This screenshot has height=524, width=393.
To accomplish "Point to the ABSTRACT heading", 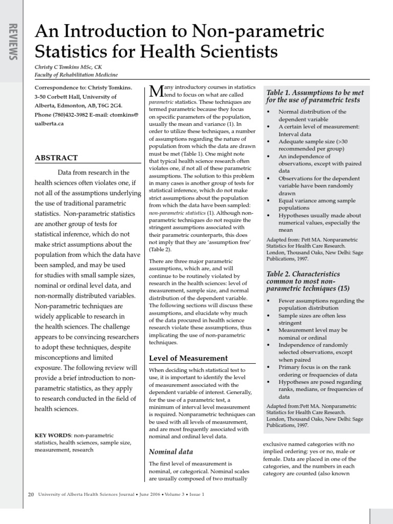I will coord(56,158).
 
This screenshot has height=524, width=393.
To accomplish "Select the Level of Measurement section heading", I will coord(188,358).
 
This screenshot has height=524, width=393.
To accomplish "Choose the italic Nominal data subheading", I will coord(171,451).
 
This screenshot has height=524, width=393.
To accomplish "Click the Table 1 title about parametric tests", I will coord(315,96).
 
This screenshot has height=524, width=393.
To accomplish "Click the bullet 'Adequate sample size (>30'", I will coord(313,141).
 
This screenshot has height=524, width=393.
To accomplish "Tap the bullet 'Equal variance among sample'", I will coord(317,201).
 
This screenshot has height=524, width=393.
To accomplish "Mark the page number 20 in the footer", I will coord(31,494).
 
